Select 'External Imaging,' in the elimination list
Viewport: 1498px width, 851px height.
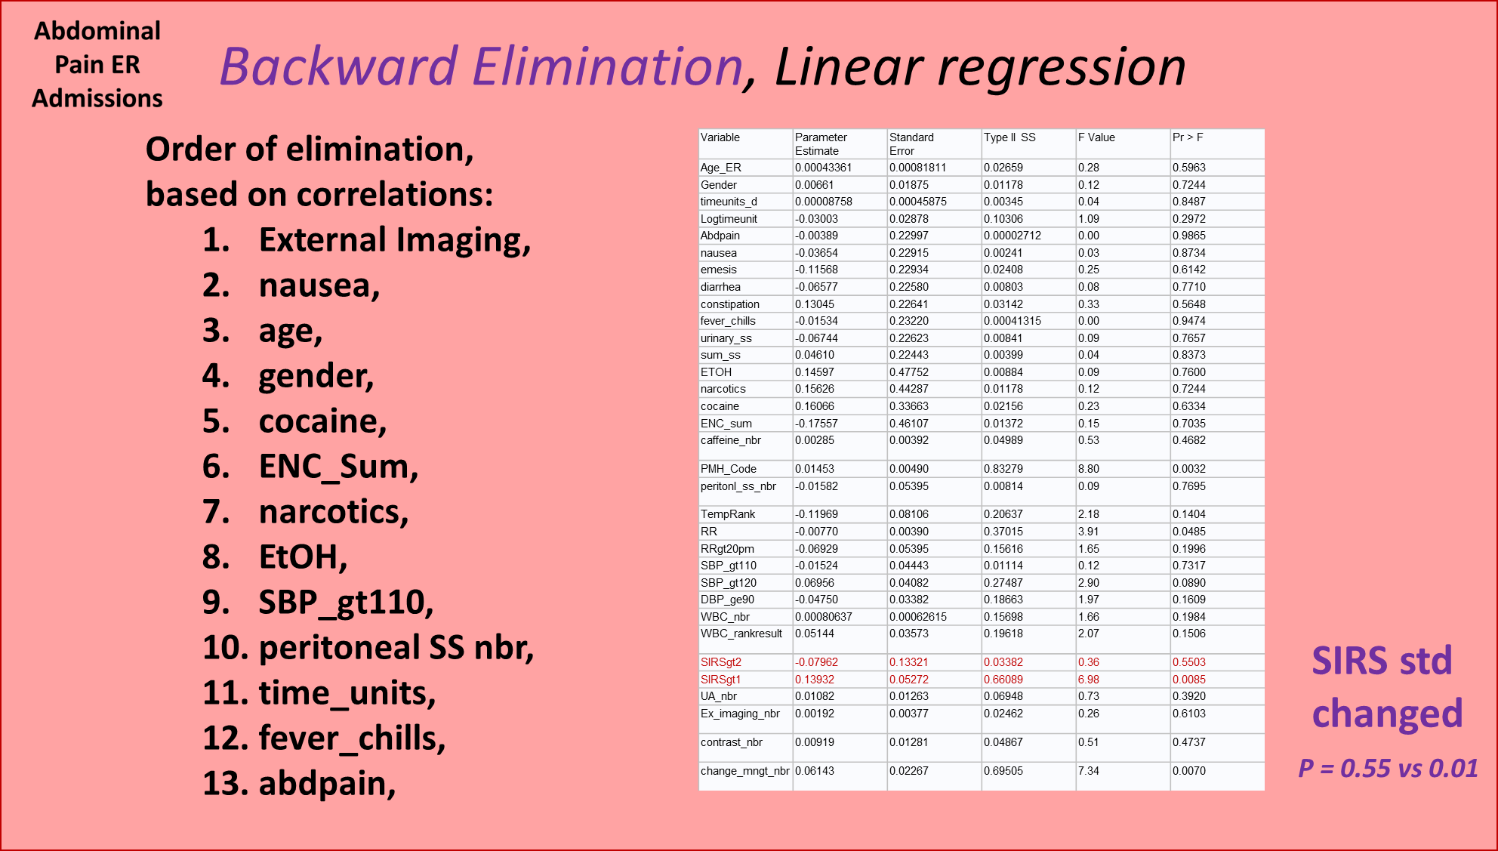pyautogui.click(x=395, y=240)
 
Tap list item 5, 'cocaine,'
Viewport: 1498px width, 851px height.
pyautogui.click(x=322, y=421)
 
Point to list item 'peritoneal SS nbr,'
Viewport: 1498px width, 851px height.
pyautogui.click(x=396, y=648)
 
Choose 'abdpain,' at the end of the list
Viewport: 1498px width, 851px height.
pyautogui.click(x=327, y=784)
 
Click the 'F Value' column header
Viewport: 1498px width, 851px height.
pyautogui.click(x=1096, y=137)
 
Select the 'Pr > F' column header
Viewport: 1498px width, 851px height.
pyautogui.click(x=1188, y=137)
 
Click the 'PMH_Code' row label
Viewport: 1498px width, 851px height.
pyautogui.click(x=729, y=469)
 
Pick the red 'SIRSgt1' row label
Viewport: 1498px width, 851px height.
pyautogui.click(x=720, y=680)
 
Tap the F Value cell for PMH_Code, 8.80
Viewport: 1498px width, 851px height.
pyautogui.click(x=1089, y=469)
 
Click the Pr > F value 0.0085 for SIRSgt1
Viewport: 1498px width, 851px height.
pyautogui.click(x=1189, y=680)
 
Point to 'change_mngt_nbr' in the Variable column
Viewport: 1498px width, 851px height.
pyautogui.click(x=745, y=771)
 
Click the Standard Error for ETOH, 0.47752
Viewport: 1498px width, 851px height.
pyautogui.click(x=909, y=372)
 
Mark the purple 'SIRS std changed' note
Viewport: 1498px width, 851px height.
pyautogui.click(x=1387, y=687)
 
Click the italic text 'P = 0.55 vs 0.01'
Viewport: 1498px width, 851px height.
pyautogui.click(x=1388, y=769)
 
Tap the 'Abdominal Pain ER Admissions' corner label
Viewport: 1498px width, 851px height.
pyautogui.click(x=97, y=65)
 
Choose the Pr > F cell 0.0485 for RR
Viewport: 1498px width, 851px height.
pyautogui.click(x=1189, y=532)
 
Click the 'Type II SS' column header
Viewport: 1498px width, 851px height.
pyautogui.click(x=1009, y=137)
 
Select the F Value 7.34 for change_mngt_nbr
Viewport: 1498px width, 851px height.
pyautogui.click(x=1089, y=771)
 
